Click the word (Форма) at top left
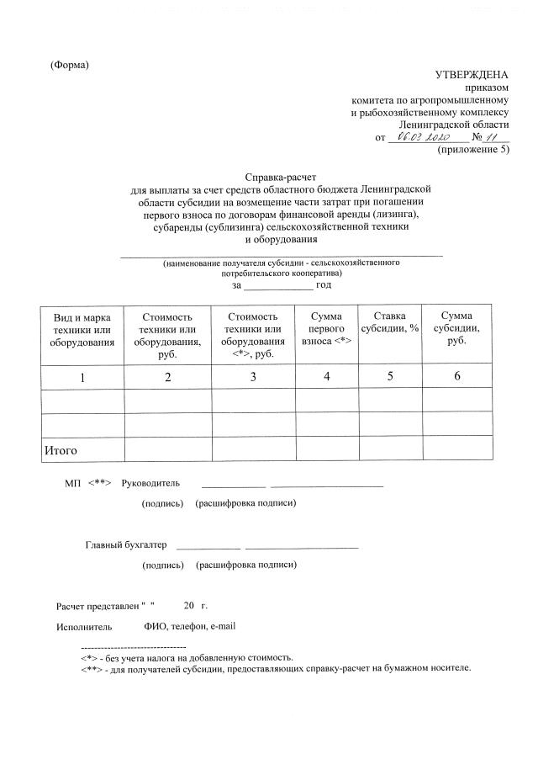pyautogui.click(x=70, y=65)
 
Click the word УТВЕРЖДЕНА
pyautogui.click(x=472, y=76)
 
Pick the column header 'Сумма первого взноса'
pyautogui.click(x=325, y=329)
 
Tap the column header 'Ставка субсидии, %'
pyautogui.click(x=389, y=322)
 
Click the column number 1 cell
pyautogui.click(x=82, y=377)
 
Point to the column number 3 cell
pyautogui.click(x=253, y=377)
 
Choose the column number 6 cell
pyautogui.click(x=457, y=376)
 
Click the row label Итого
pyautogui.click(x=61, y=451)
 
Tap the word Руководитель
pyautogui.click(x=150, y=484)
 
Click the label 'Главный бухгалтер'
pyautogui.click(x=126, y=544)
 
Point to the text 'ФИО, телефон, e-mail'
pyautogui.click(x=190, y=626)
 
